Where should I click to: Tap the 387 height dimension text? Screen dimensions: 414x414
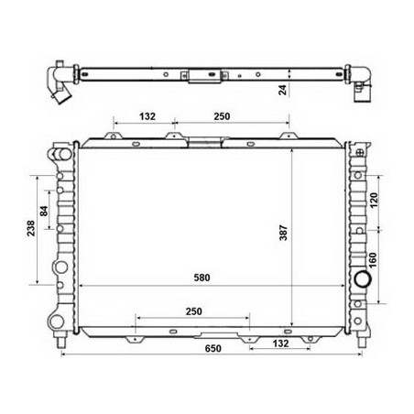(283, 235)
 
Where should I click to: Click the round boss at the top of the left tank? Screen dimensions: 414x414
(60, 151)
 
